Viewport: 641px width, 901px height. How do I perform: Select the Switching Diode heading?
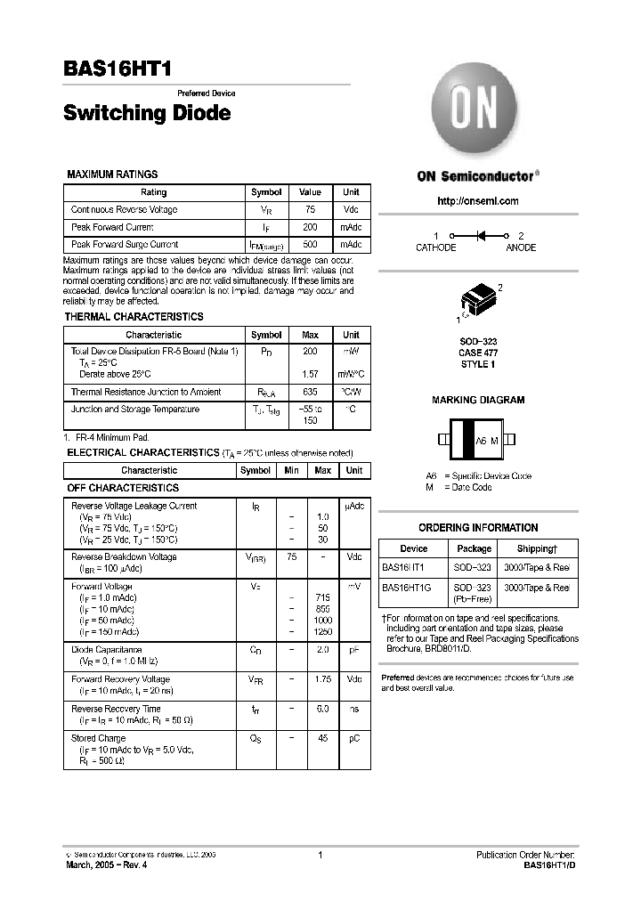[x=147, y=113]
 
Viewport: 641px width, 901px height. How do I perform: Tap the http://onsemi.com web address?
[x=478, y=201]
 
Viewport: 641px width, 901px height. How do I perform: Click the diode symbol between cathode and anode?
[x=482, y=236]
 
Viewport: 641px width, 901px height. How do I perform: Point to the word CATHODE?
[x=436, y=248]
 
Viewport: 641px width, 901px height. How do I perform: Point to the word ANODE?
[x=521, y=248]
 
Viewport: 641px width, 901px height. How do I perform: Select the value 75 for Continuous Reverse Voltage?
[x=310, y=210]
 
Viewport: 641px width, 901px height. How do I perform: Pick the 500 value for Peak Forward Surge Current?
[x=310, y=244]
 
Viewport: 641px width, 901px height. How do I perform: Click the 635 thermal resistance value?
[x=310, y=392]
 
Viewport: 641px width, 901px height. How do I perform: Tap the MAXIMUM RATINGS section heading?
[x=113, y=175]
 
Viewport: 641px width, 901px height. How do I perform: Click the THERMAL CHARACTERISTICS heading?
[x=134, y=317]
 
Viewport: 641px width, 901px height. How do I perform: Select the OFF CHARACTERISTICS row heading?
[x=123, y=488]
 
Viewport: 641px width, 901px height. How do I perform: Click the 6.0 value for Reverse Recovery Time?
[x=322, y=709]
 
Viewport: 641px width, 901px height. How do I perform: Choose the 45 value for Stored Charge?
[x=322, y=738]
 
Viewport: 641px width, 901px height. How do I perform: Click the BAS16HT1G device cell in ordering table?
[x=407, y=588]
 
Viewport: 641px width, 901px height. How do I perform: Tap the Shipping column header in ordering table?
[x=537, y=548]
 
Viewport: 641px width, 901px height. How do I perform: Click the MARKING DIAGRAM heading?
[x=478, y=401]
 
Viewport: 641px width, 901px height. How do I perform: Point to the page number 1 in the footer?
[x=320, y=856]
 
